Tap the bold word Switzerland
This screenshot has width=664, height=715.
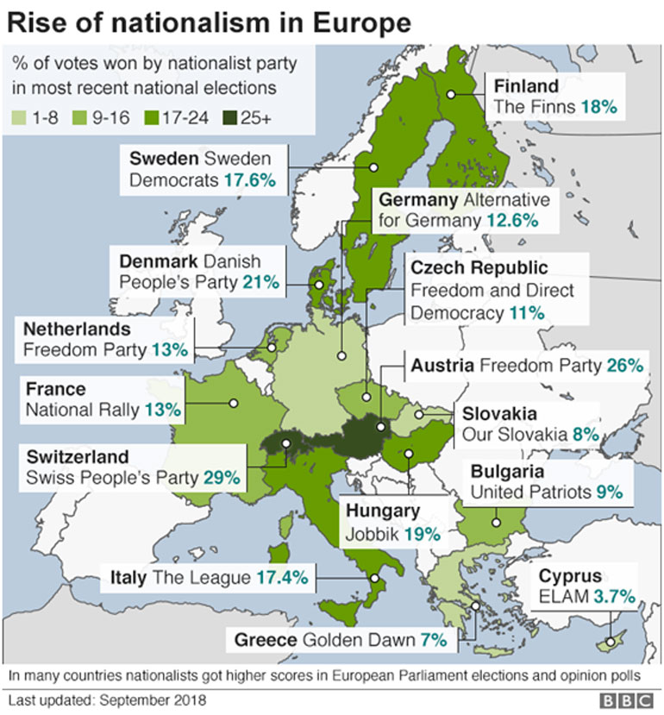[78, 456]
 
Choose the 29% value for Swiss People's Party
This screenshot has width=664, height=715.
[222, 476]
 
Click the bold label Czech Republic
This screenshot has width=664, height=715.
[479, 268]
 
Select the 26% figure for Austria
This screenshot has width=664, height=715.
[624, 366]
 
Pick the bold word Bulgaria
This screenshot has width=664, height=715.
[506, 472]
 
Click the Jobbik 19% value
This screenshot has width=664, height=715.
[423, 534]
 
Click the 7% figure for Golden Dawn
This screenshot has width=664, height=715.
[434, 640]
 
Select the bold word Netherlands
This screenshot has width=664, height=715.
[77, 329]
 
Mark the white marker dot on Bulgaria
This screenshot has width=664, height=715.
[496, 522]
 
